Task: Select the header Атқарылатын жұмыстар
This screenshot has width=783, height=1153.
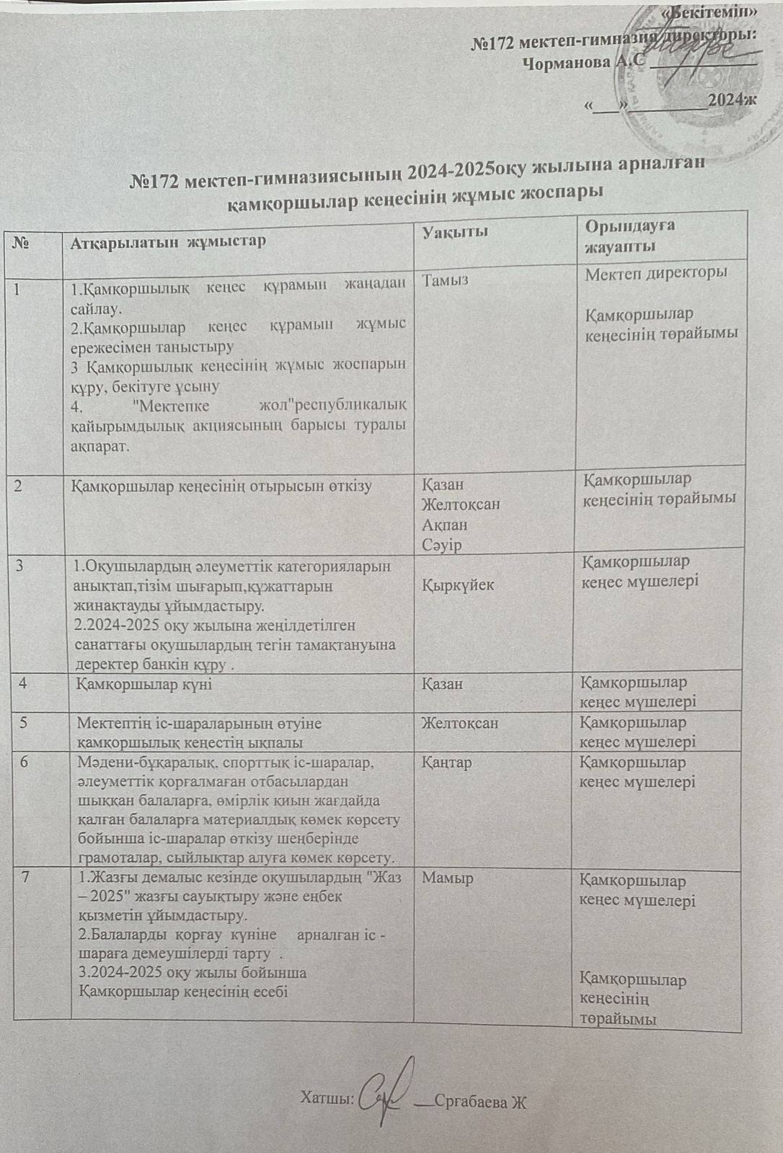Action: click(168, 241)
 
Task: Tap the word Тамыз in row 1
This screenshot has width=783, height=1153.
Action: click(446, 280)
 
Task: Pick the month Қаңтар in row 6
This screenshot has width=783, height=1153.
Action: click(447, 762)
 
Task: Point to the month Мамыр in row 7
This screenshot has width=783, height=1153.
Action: click(448, 878)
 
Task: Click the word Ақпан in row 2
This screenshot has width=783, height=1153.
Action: click(445, 525)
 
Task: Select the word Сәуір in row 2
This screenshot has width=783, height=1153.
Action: click(442, 544)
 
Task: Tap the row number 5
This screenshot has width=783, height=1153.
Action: click(24, 722)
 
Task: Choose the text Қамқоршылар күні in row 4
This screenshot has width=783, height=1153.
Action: click(144, 683)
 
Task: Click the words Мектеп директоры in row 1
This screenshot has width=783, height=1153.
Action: click(655, 273)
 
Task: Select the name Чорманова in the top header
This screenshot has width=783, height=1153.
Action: click(566, 63)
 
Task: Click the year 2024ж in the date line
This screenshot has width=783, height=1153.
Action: click(732, 99)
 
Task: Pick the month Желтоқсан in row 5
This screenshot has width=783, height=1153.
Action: click(460, 722)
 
